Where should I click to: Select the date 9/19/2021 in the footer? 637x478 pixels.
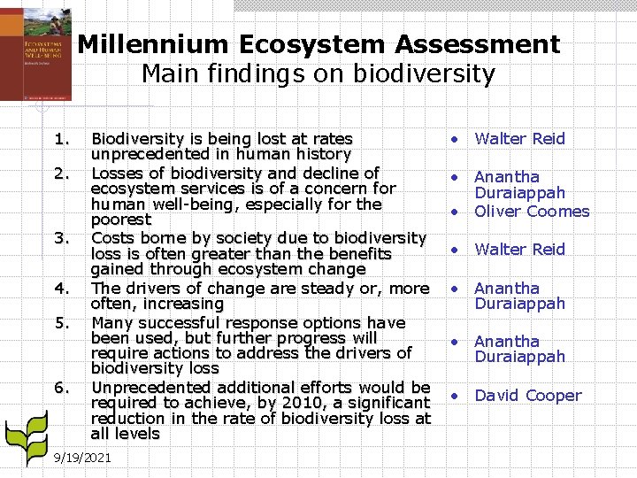coord(82,458)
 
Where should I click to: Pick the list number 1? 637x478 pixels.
coord(61,139)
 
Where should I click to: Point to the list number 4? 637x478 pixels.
coord(61,289)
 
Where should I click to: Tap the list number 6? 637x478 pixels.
coord(61,388)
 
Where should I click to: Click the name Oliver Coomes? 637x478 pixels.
coord(532,212)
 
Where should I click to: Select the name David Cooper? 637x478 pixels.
coord(528,396)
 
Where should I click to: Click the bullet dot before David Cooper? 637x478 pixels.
coord(453,396)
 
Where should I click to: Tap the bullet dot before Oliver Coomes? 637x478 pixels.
coord(453,212)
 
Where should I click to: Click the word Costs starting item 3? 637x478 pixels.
coord(113,238)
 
